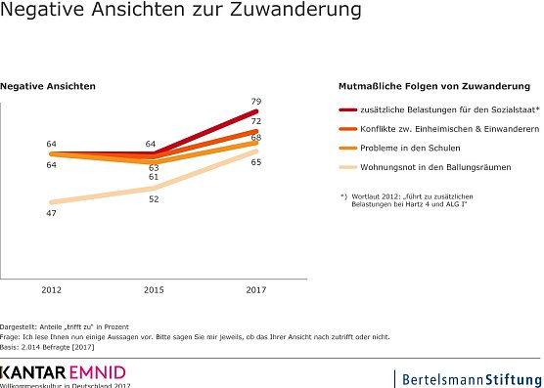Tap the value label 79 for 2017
[255, 101]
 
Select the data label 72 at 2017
[255, 121]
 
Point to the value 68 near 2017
[255, 137]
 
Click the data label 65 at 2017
[255, 161]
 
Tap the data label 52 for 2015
[154, 198]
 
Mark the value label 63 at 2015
[154, 167]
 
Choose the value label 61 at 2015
[154, 177]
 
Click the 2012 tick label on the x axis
[51, 290]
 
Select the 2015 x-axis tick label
[154, 290]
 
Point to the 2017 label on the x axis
[255, 290]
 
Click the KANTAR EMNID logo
[63, 373]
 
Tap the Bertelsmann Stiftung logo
[467, 377]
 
